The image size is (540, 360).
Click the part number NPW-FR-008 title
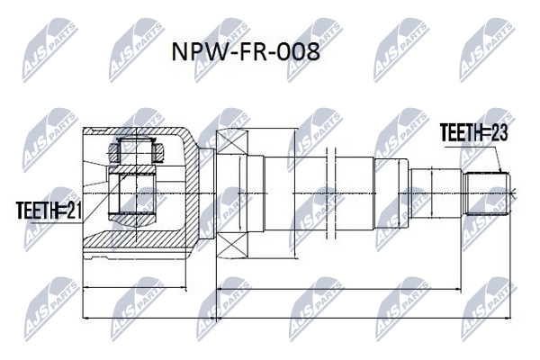tap(246, 52)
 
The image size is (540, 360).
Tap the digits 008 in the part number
tap(299, 52)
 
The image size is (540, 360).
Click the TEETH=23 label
tap(473, 132)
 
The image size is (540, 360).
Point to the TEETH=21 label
tap(49, 210)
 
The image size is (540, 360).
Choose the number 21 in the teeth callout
tap(74, 210)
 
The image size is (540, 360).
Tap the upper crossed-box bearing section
tap(233, 141)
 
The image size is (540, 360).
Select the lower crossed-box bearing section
tap(233, 245)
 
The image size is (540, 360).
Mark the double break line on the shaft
tap(330, 193)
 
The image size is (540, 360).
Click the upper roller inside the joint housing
tap(137, 150)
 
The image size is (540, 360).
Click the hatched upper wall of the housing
tap(138, 131)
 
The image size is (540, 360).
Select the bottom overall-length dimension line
tap(297, 319)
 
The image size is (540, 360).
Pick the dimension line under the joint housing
tap(135, 287)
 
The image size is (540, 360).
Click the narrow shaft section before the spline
tap(436, 193)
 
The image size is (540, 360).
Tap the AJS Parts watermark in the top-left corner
tap(50, 50)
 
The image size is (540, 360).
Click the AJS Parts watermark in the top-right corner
tap(488, 50)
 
